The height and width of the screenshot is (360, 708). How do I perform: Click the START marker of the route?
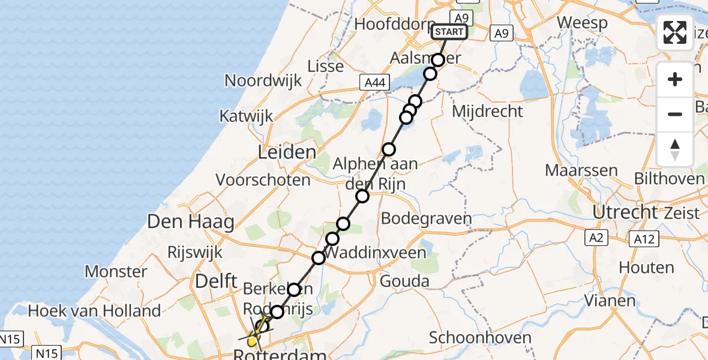449,32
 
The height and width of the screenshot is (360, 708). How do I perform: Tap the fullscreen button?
675,32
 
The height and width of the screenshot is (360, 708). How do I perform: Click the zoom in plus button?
675,79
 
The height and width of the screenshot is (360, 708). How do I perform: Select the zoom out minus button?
675,114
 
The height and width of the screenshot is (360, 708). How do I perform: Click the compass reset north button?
675,149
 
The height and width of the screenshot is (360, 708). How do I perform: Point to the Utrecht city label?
625,212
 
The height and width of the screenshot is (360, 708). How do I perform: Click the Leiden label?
287,152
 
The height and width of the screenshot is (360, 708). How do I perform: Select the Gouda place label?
405,281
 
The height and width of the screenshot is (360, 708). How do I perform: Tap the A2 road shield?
595,239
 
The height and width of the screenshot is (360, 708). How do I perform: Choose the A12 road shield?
644,239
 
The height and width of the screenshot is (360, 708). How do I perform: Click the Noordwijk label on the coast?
263,80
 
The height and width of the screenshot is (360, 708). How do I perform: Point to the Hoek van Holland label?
94,311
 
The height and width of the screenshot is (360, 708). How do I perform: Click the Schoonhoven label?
480,338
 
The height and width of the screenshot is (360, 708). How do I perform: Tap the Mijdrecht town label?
487,111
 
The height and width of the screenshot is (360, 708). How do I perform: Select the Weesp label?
582,23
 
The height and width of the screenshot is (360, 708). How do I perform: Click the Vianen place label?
610,300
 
